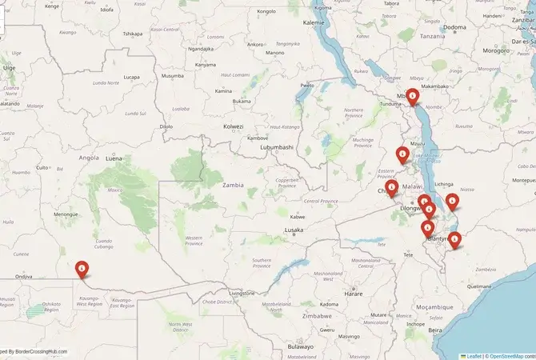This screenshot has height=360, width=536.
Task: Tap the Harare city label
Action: click(x=354, y=294)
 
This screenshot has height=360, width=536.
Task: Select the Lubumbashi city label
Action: click(x=276, y=147)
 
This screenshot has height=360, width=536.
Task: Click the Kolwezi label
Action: click(x=233, y=126)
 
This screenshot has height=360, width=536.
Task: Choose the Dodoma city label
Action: click(x=454, y=27)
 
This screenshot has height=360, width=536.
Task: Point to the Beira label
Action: click(x=435, y=330)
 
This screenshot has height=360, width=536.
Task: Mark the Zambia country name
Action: click(x=233, y=185)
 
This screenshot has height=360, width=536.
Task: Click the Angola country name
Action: click(x=89, y=158)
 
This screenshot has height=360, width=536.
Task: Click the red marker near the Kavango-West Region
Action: click(x=82, y=269)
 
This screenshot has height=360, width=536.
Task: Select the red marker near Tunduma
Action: click(x=412, y=97)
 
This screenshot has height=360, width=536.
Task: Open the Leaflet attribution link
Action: click(x=474, y=355)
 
